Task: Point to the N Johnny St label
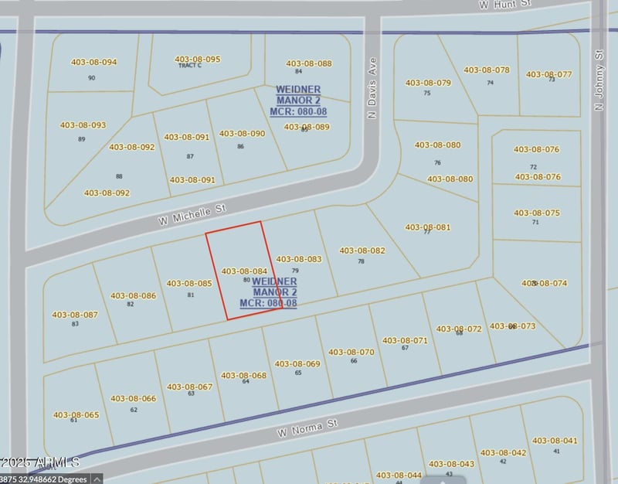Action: click(x=599, y=80)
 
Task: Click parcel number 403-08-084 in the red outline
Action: click(x=244, y=271)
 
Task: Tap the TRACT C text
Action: click(x=190, y=66)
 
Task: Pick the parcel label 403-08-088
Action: click(x=309, y=63)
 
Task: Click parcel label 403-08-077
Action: click(x=549, y=74)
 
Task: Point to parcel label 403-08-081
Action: click(x=427, y=227)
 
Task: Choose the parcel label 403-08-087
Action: click(x=75, y=315)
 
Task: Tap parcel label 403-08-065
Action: click(x=76, y=414)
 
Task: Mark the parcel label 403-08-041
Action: click(x=554, y=441)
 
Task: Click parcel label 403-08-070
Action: click(x=351, y=352)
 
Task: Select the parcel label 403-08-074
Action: click(x=545, y=283)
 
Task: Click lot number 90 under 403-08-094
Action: click(x=92, y=78)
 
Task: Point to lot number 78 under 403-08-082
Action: click(x=361, y=261)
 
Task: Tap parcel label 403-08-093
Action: click(x=83, y=125)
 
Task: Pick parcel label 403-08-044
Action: click(x=399, y=475)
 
